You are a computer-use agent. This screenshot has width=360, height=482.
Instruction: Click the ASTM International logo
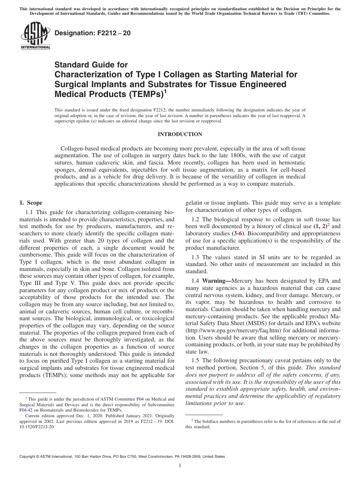point(35,36)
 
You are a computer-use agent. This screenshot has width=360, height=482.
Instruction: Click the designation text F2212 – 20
point(92,33)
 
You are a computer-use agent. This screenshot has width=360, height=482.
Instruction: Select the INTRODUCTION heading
point(180,134)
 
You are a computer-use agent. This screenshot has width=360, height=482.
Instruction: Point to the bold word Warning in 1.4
point(216,281)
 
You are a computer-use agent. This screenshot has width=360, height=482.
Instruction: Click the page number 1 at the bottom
point(180,466)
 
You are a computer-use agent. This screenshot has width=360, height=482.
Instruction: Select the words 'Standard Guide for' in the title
point(91,65)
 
